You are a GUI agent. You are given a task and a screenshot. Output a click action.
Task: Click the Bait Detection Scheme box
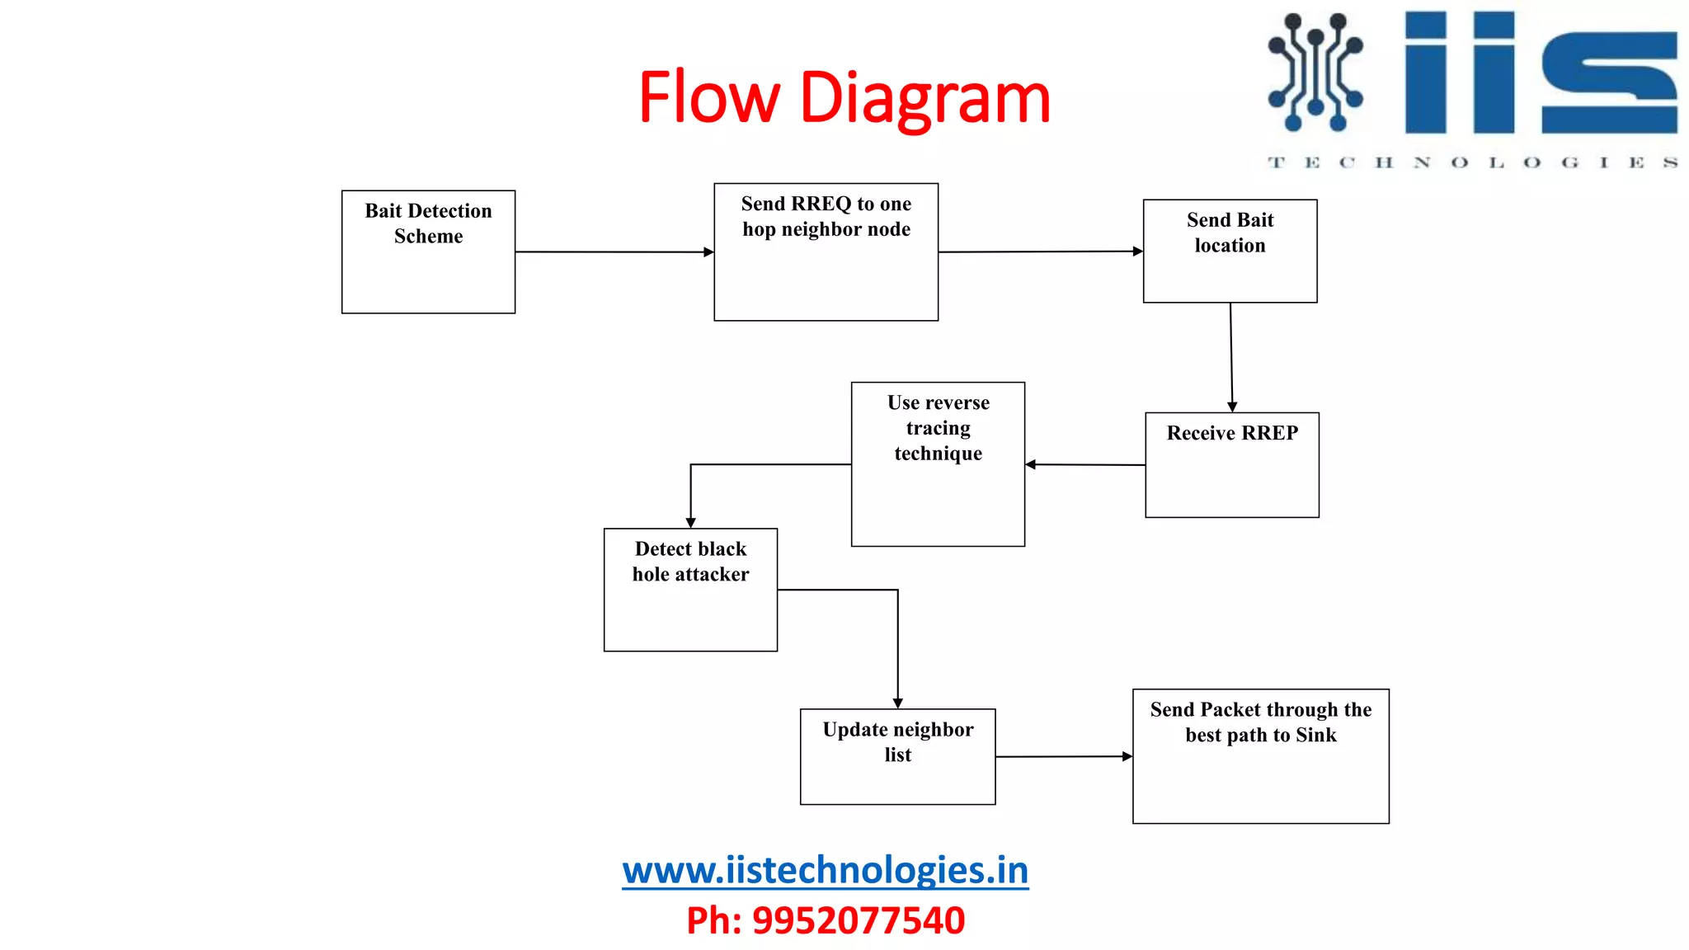pyautogui.click(x=428, y=252)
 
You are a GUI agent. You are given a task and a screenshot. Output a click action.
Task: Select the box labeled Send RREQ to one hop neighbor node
pyautogui.click(x=826, y=252)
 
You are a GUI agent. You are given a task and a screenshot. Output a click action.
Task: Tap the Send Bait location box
pyautogui.click(x=1230, y=251)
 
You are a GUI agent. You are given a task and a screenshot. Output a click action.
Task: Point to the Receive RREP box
pyautogui.click(x=1232, y=465)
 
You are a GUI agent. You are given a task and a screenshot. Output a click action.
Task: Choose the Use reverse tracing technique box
pyautogui.click(x=938, y=463)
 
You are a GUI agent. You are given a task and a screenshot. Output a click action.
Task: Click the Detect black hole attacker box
pyautogui.click(x=690, y=590)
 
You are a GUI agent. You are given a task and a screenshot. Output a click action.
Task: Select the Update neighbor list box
pyautogui.click(x=897, y=756)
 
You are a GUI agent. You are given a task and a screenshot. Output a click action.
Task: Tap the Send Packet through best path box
pyautogui.click(x=1260, y=756)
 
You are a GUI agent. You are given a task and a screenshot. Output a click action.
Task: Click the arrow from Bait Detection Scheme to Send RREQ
pyautogui.click(x=614, y=252)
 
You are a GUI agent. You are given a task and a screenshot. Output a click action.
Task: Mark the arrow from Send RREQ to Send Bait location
pyautogui.click(x=1040, y=252)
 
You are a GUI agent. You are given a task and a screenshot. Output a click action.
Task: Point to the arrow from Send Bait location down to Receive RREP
pyautogui.click(x=1231, y=357)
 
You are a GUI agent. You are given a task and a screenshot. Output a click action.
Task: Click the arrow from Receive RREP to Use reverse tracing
pyautogui.click(x=1085, y=465)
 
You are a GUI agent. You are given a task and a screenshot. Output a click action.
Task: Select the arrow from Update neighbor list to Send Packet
pyautogui.click(x=1064, y=756)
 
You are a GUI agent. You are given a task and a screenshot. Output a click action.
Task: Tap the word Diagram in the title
pyautogui.click(x=924, y=99)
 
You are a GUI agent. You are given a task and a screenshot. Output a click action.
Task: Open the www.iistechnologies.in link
pyautogui.click(x=825, y=870)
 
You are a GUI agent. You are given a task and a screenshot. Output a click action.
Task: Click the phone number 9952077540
pyautogui.click(x=858, y=920)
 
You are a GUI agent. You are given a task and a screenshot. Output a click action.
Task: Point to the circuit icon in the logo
pyautogui.click(x=1315, y=72)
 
